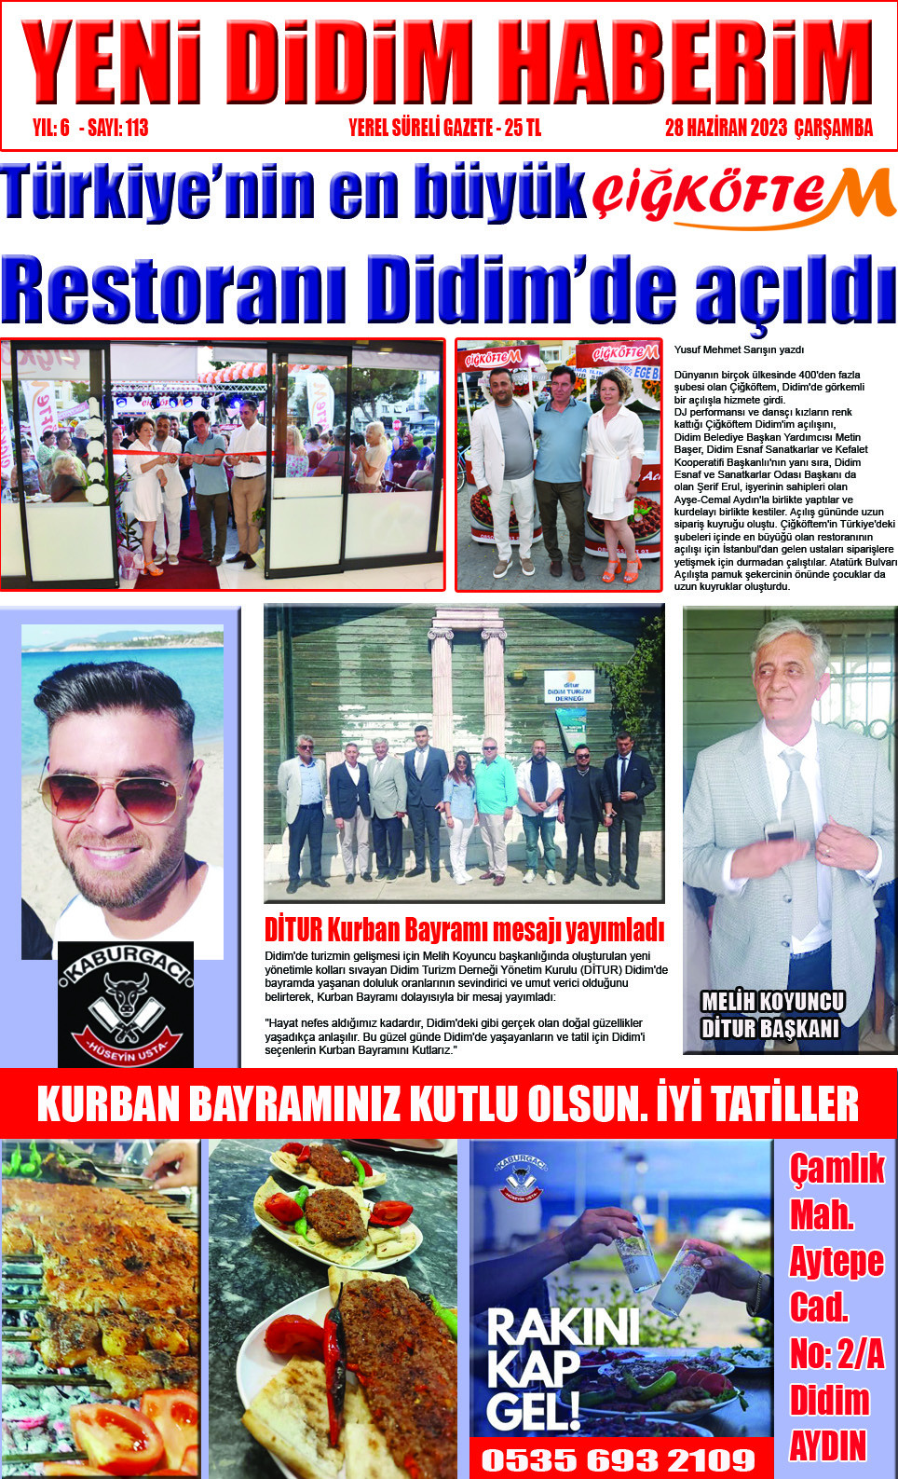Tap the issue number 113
[136, 129]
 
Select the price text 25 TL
[522, 129]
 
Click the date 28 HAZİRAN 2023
[726, 129]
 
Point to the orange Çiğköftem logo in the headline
[743, 197]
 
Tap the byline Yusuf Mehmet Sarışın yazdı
[739, 350]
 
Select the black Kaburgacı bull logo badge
[126, 1005]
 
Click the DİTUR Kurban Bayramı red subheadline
[464, 930]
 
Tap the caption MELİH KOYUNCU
[772, 1002]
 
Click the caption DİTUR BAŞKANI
[769, 1029]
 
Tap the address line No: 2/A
[837, 1354]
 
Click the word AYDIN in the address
[827, 1446]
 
